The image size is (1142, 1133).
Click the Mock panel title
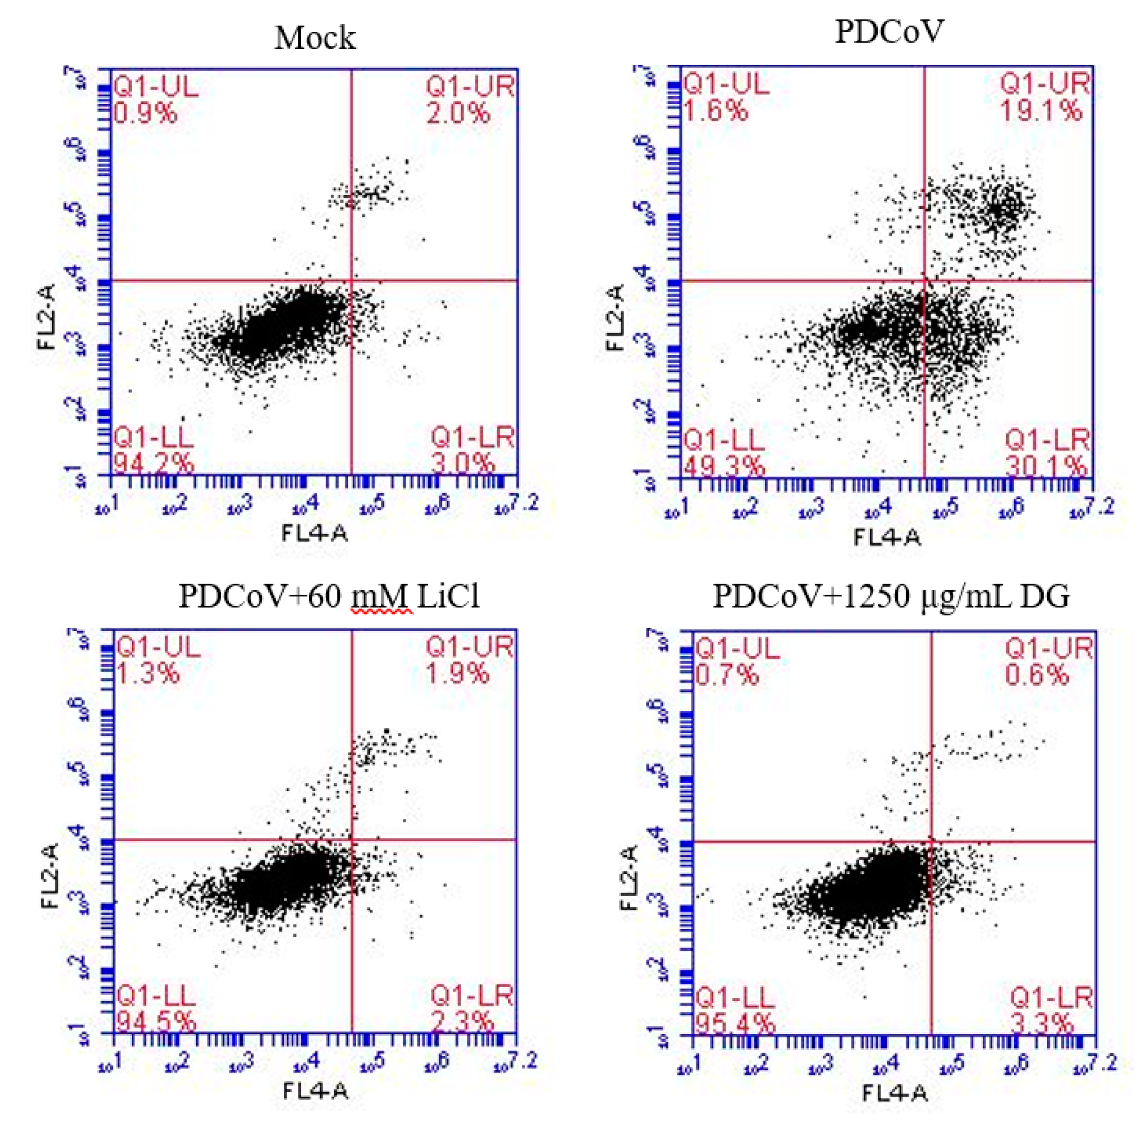coord(315,39)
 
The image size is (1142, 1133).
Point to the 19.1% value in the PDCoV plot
coord(1041,111)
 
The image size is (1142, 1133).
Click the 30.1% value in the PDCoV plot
coord(1046,467)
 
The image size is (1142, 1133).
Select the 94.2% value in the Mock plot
coord(153,463)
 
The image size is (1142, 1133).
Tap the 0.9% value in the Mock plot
coord(145,112)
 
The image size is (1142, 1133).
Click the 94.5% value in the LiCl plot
coord(155,1022)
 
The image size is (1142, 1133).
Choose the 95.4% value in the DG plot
coord(735,1023)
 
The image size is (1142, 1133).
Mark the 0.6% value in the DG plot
coord(1037,675)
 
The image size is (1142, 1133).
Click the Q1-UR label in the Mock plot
coord(470,88)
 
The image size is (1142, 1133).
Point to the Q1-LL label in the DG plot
coord(735,999)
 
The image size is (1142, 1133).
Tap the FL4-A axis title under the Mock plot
coord(315,533)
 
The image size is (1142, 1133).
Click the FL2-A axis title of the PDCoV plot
coord(615,317)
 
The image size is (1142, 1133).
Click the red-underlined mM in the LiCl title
coord(381,596)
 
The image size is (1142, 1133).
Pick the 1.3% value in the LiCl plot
coord(147,673)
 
